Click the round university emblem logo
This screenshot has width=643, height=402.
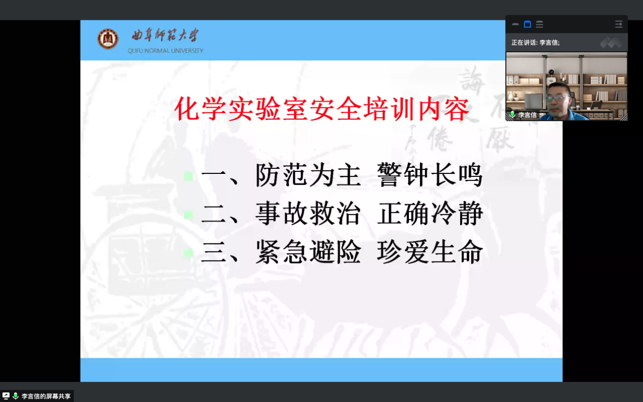click(107, 39)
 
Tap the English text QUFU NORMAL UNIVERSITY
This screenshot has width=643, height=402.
click(165, 51)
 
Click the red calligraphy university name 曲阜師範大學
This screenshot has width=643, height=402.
click(165, 35)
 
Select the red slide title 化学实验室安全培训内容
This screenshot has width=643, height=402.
click(322, 109)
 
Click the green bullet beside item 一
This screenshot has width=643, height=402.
click(188, 176)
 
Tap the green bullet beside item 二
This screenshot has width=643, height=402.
click(188, 214)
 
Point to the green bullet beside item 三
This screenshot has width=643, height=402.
click(188, 253)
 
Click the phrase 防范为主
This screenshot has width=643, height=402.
click(308, 175)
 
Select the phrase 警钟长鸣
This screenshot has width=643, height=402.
click(430, 175)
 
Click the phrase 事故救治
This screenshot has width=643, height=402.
click(308, 213)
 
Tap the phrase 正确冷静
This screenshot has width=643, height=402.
click(430, 213)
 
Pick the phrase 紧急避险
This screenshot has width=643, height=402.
click(308, 252)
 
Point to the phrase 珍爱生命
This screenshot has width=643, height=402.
click(430, 252)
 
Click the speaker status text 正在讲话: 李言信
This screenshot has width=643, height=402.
click(536, 43)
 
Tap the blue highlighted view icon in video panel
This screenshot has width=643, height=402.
click(527, 24)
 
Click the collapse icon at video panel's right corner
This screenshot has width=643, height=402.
click(619, 24)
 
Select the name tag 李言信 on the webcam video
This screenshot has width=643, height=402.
click(527, 115)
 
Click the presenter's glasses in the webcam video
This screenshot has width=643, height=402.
click(558, 98)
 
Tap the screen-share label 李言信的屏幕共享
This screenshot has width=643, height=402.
click(46, 396)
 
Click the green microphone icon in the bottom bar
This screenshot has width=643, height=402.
click(16, 396)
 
